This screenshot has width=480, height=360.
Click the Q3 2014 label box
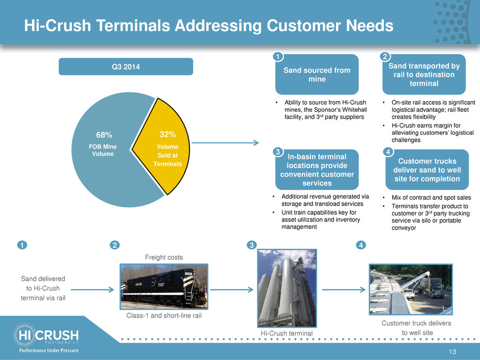(x=126, y=66)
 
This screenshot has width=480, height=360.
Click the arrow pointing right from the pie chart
(x=225, y=142)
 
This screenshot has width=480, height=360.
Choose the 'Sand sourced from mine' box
(x=317, y=75)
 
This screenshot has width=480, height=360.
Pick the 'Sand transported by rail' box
(x=424, y=75)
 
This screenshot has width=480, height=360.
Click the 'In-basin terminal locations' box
(x=317, y=170)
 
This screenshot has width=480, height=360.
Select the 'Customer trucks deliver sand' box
(x=427, y=170)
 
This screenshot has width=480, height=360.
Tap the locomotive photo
(x=164, y=286)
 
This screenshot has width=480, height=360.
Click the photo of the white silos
(x=287, y=288)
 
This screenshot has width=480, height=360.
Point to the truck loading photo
(x=411, y=290)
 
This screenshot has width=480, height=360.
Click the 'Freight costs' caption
(x=164, y=257)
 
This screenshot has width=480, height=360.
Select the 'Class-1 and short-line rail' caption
(x=164, y=316)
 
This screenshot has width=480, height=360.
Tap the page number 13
(x=452, y=352)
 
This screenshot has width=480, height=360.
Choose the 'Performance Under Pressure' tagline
(x=49, y=350)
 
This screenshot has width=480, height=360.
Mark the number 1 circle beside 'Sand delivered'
(x=22, y=245)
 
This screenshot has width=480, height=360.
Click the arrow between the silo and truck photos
(x=344, y=290)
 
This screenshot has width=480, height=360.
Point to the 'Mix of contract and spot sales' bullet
(x=431, y=198)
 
